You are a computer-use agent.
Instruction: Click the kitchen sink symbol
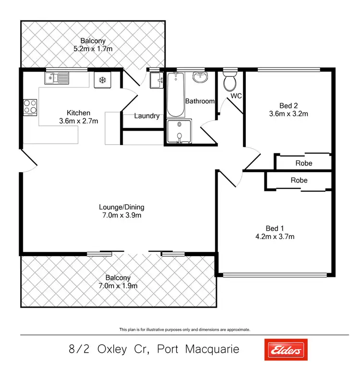tap(57, 78)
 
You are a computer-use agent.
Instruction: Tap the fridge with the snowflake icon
tap(102, 80)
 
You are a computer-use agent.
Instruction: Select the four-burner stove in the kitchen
tap(30, 107)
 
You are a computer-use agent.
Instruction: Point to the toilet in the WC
tap(230, 82)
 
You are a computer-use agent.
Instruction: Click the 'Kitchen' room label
tap(79, 113)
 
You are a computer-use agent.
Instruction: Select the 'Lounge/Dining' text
tap(121, 207)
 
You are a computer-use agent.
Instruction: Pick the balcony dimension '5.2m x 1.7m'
tap(94, 49)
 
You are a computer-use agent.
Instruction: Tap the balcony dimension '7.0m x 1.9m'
tap(118, 285)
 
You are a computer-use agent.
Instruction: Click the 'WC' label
tap(236, 96)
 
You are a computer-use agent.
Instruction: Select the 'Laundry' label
tap(147, 116)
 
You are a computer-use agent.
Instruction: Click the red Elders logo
tap(286, 350)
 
